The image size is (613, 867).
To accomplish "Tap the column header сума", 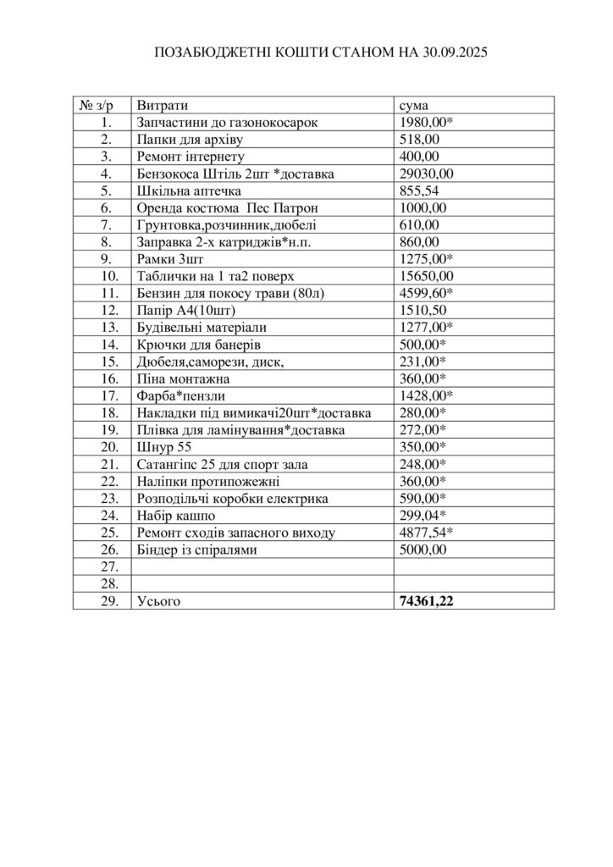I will (x=413, y=106).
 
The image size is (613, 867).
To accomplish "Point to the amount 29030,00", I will (x=427, y=174).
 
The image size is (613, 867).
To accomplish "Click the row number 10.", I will (x=106, y=277).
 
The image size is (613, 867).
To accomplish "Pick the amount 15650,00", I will (x=427, y=277).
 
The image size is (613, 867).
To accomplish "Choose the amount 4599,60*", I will (x=427, y=294).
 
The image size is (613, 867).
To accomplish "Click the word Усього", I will (x=158, y=601).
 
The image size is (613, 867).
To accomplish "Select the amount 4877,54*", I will (x=427, y=533).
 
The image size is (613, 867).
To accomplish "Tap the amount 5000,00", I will (x=423, y=549).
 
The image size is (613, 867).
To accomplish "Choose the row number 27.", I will (x=106, y=566).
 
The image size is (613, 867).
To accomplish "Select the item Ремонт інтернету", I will (x=190, y=157).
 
